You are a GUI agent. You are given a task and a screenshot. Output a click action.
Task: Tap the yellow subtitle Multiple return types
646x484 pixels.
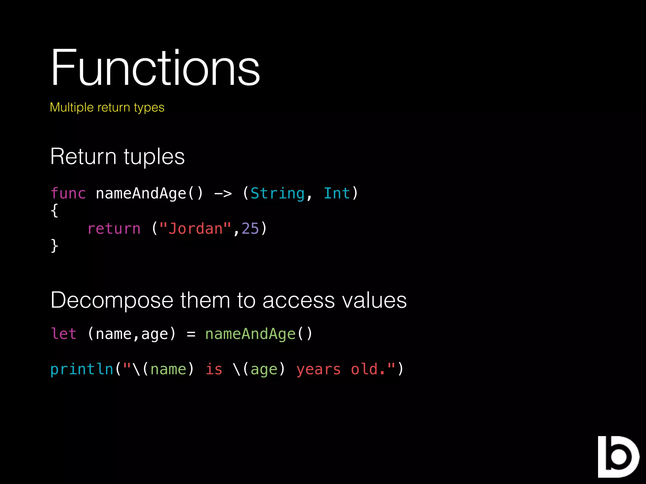pos(107,107)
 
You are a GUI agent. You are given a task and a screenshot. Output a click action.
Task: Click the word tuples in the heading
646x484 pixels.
pos(154,157)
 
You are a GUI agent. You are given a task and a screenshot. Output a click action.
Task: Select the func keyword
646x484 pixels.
pos(68,193)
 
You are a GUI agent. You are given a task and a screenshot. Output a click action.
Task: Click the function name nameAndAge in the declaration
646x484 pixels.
pos(141,193)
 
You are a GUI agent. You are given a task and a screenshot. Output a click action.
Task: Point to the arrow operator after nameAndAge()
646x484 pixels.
pos(223,193)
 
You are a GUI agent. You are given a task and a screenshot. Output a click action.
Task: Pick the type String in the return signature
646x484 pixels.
pos(278,193)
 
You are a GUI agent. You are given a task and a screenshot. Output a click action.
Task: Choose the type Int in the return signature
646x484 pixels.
pos(337,193)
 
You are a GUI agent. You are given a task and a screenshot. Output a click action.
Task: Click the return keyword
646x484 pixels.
pos(114,228)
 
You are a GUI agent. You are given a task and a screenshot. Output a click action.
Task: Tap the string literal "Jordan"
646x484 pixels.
pos(195,228)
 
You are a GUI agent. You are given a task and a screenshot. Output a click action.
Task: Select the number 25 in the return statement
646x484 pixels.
pos(250,228)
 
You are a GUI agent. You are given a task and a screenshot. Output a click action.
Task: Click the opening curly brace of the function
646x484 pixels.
pos(54,210)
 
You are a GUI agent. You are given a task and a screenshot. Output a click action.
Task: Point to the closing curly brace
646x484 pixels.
pos(54,245)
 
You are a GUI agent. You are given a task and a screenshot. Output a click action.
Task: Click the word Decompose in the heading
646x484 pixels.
pos(112,300)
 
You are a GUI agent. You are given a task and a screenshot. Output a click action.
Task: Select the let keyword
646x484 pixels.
pos(64,334)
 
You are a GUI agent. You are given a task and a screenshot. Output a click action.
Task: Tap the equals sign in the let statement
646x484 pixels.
pos(191,334)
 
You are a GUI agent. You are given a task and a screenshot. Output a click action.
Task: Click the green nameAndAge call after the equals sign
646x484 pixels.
pos(250,334)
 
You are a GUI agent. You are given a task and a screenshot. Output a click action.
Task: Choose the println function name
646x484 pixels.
pos(82,369)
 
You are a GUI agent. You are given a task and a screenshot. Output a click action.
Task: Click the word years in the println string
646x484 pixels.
pos(319,369)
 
